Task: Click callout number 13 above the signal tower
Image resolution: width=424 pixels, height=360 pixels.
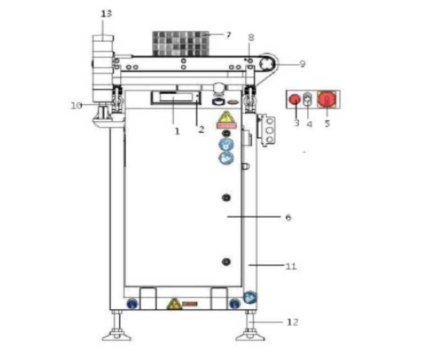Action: click(x=106, y=14)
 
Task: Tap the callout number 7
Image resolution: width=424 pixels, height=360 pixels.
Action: click(x=228, y=35)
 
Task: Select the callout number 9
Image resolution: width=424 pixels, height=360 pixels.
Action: click(x=303, y=64)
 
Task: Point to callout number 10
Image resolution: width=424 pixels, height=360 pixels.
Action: click(x=76, y=105)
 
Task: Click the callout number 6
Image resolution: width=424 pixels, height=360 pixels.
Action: click(x=288, y=217)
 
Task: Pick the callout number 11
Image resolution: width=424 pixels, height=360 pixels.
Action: click(x=291, y=266)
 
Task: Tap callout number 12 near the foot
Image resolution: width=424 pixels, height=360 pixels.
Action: click(x=293, y=322)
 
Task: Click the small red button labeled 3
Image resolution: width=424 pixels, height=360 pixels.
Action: click(x=294, y=99)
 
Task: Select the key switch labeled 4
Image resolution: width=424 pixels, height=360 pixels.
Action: click(x=308, y=99)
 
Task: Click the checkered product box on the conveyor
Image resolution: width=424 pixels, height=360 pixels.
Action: click(x=181, y=44)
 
